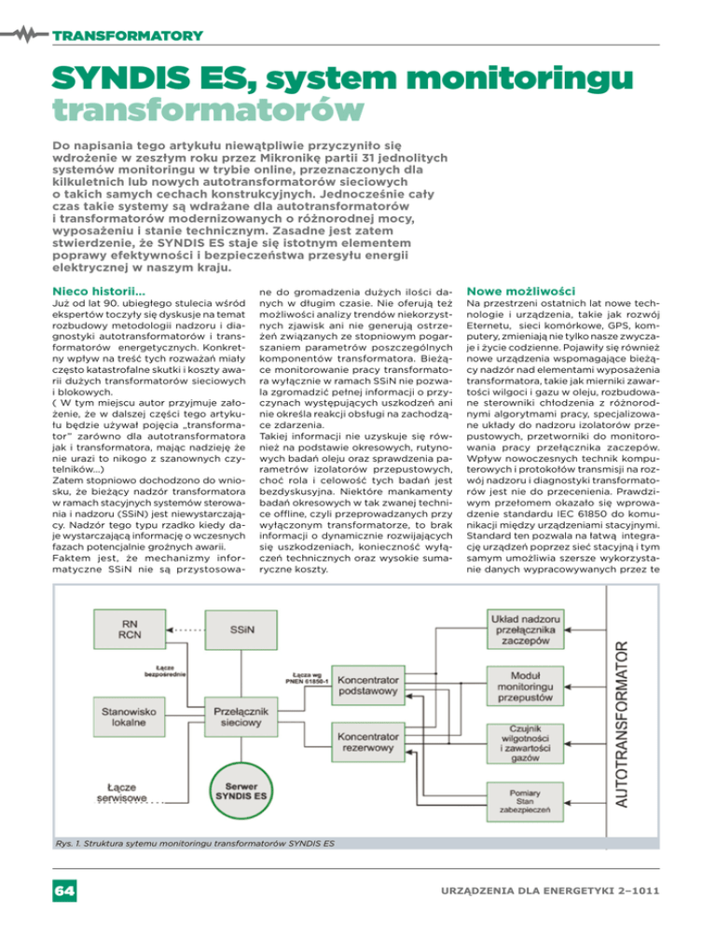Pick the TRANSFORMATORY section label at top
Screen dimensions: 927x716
[128, 36]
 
